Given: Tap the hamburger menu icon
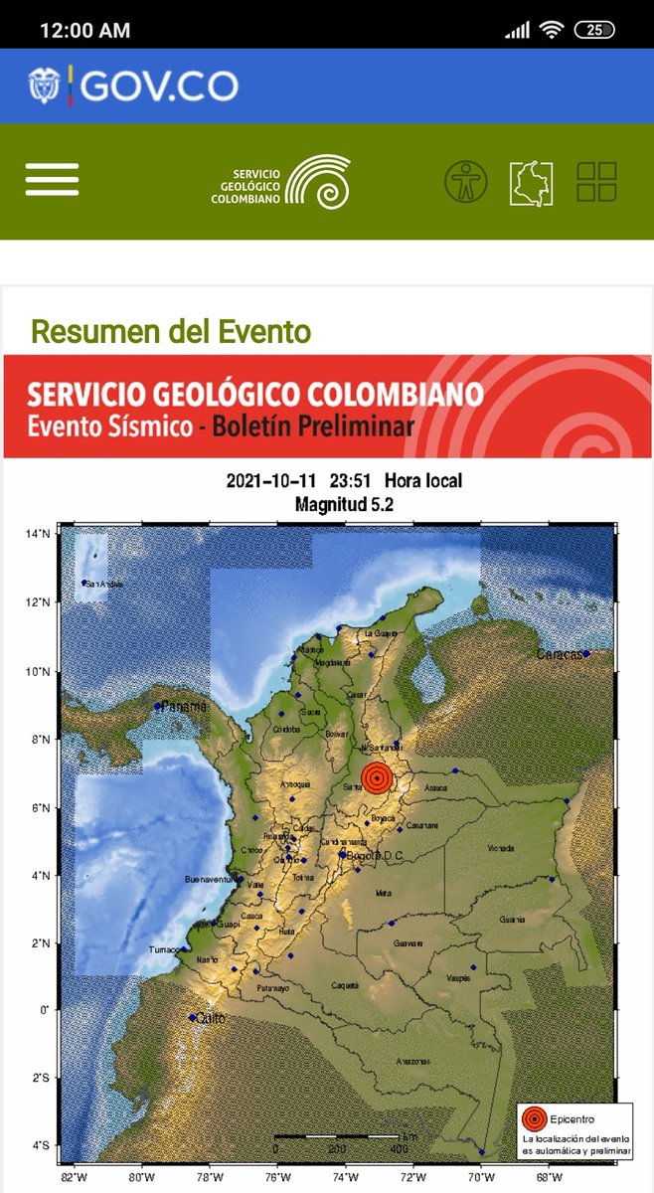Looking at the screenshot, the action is [x=52, y=180].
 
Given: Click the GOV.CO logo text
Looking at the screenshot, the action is [x=158, y=86].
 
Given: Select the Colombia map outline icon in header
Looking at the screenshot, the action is [x=531, y=182].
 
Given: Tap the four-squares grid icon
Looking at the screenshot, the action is [x=596, y=182].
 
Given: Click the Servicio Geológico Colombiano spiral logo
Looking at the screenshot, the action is [x=317, y=181].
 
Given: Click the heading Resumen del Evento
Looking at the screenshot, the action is [x=171, y=331].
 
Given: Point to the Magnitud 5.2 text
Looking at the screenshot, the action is [x=344, y=505].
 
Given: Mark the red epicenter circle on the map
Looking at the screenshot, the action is [x=377, y=777].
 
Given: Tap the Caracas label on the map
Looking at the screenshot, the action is [x=560, y=654].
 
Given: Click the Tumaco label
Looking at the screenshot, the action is [x=165, y=949].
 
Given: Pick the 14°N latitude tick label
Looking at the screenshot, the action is [x=38, y=534].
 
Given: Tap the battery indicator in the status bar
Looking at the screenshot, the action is [x=594, y=30].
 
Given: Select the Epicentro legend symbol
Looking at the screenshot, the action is [x=535, y=1118].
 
